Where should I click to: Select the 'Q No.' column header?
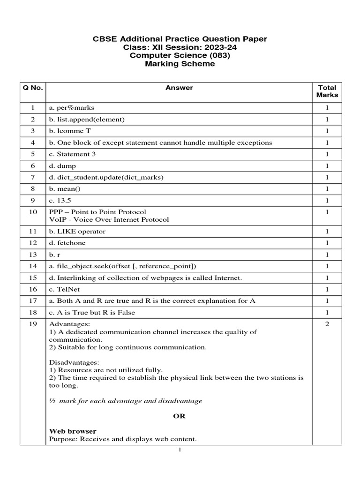(x=32, y=88)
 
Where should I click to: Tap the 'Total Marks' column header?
(x=327, y=91)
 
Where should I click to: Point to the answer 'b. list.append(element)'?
(x=87, y=120)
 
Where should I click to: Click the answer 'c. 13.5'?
(x=61, y=200)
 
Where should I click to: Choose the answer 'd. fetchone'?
(x=67, y=243)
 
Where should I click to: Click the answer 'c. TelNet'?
(x=65, y=289)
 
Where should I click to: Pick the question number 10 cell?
(x=32, y=212)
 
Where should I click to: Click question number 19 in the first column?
(x=32, y=324)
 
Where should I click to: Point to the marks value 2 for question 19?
(x=327, y=324)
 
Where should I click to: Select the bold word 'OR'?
(x=179, y=416)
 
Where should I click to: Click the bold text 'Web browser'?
(x=73, y=431)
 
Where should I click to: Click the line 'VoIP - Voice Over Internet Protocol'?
(x=109, y=219)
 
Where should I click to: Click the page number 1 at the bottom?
(x=180, y=450)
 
